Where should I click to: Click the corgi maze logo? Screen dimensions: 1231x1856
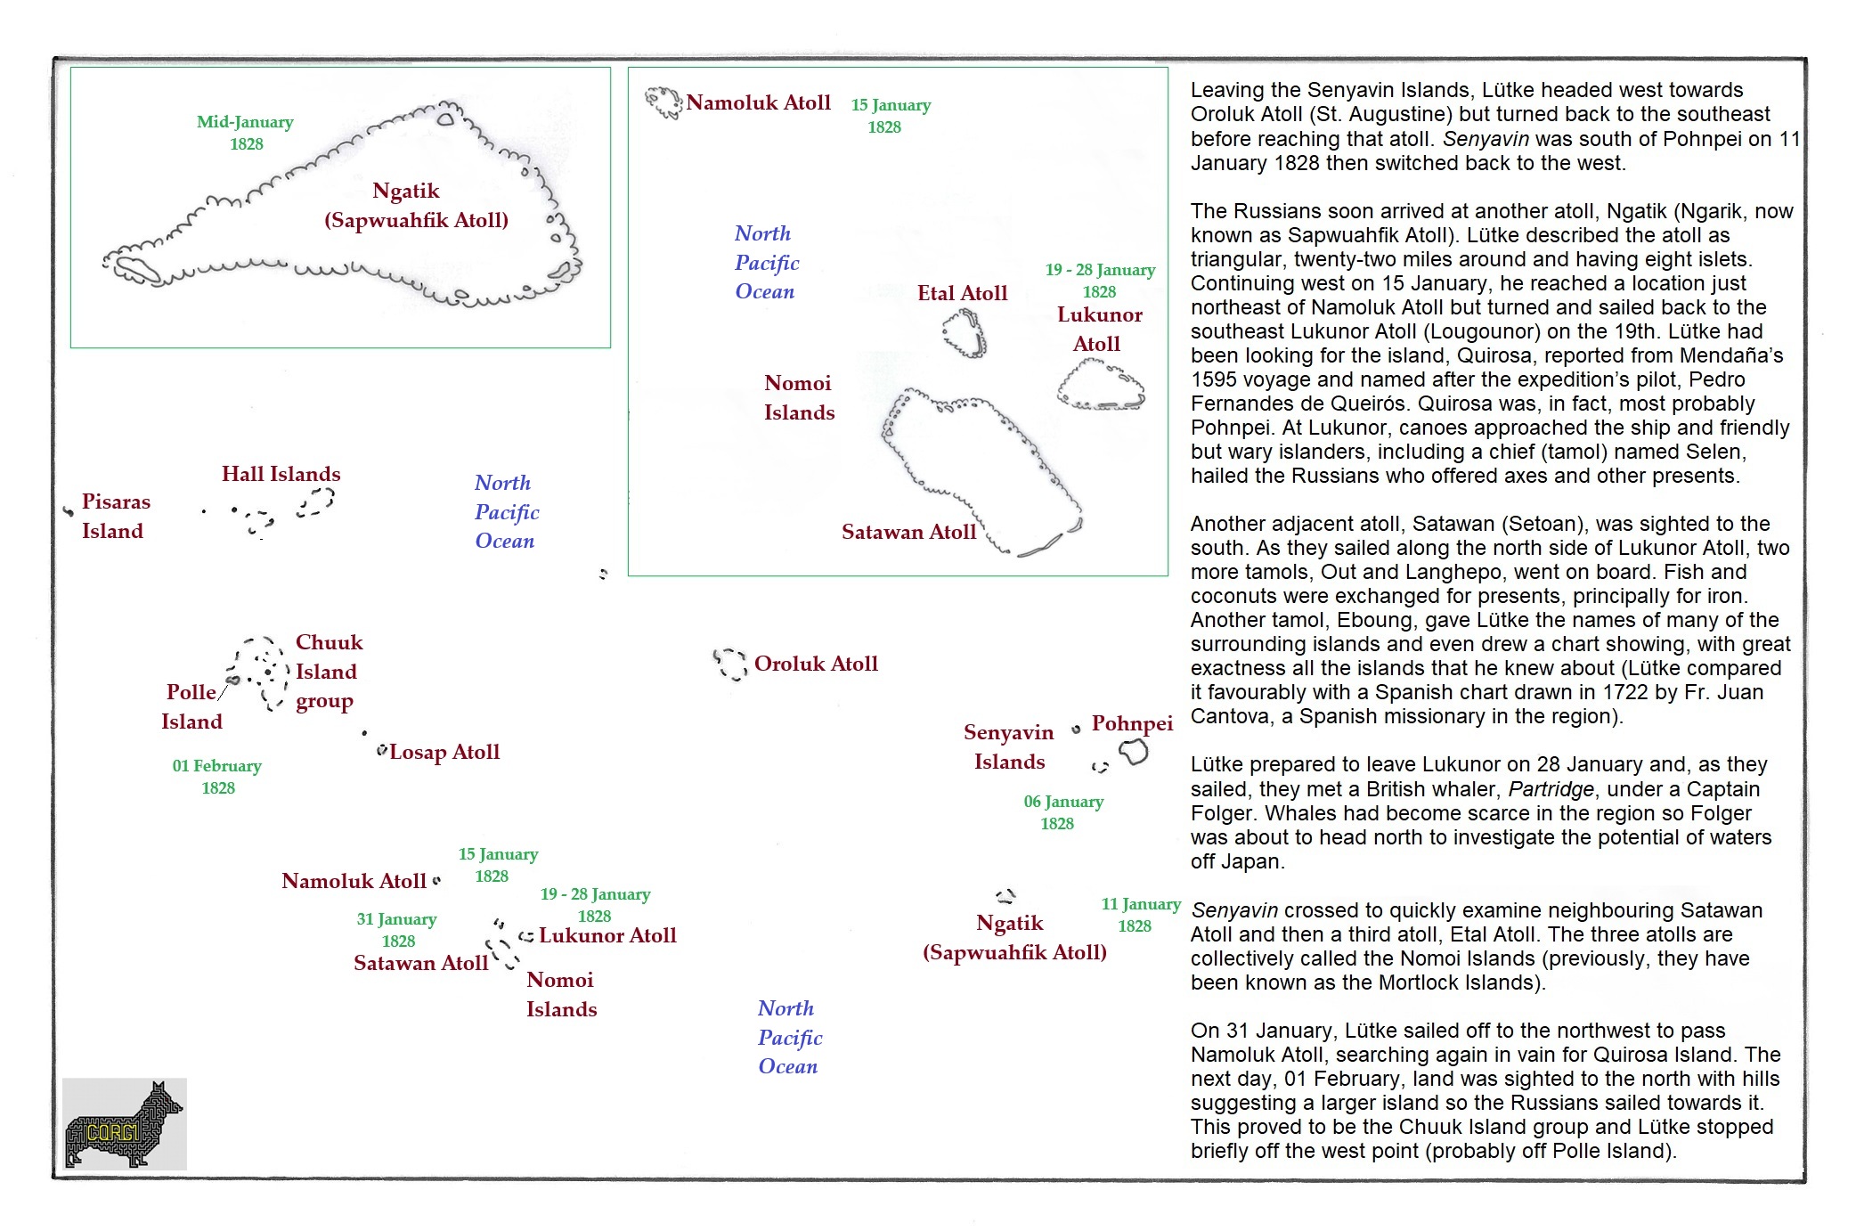(124, 1123)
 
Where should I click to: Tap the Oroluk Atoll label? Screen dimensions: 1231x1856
(815, 664)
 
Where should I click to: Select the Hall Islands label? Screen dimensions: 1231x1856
(281, 474)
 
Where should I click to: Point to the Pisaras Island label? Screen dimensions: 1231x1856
(115, 516)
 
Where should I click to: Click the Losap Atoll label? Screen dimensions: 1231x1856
(444, 752)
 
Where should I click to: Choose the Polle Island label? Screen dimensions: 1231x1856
(191, 706)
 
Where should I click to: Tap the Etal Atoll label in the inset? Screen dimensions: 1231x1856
(962, 293)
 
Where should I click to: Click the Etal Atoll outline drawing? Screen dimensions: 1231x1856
(964, 333)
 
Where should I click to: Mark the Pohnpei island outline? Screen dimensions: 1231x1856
(1134, 753)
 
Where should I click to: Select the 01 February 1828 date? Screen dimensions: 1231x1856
(216, 777)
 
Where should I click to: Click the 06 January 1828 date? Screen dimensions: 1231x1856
(1062, 812)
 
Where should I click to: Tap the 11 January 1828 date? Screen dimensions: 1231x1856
(1140, 915)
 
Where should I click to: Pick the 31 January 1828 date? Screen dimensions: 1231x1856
(396, 930)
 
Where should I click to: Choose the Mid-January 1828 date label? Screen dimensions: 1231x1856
(245, 133)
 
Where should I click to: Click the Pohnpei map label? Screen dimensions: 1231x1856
(1132, 723)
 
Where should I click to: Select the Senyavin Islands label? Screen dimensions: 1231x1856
(1008, 746)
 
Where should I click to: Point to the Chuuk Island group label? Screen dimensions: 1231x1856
(328, 672)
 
